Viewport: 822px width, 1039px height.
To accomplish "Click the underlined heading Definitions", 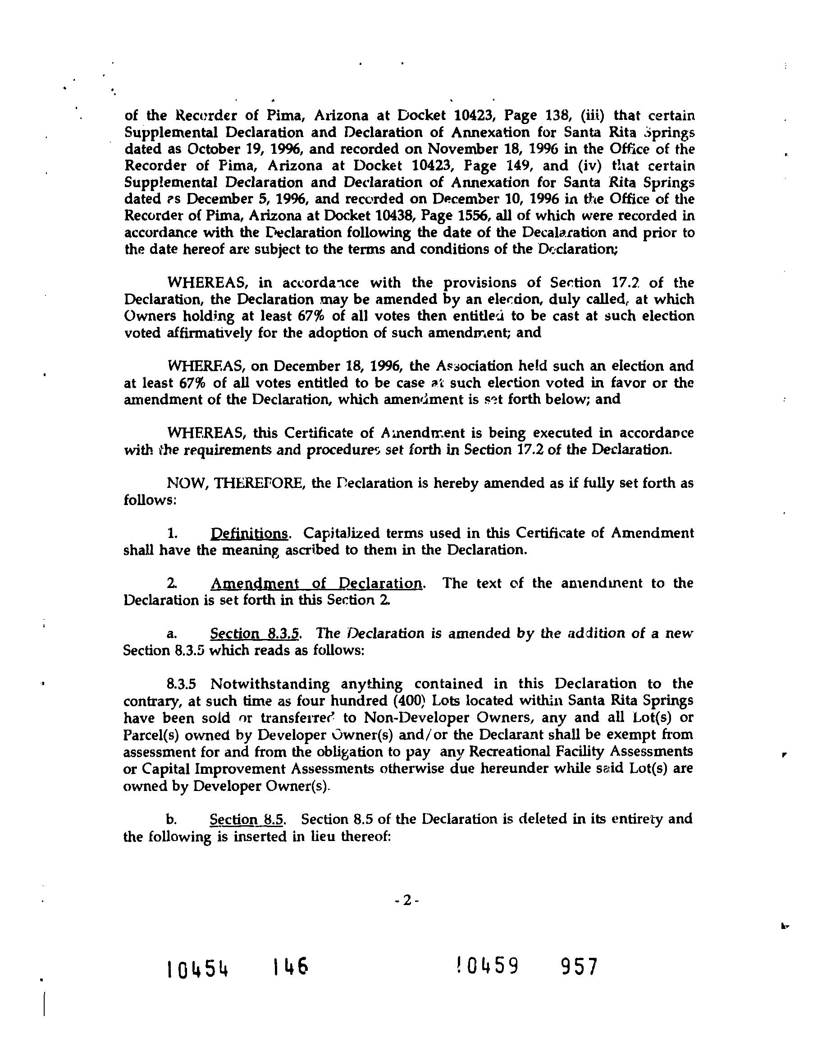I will tap(249, 533).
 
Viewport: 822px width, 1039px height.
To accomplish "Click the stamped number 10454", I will tap(198, 969).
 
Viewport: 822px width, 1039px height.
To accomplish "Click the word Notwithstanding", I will tap(270, 684).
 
